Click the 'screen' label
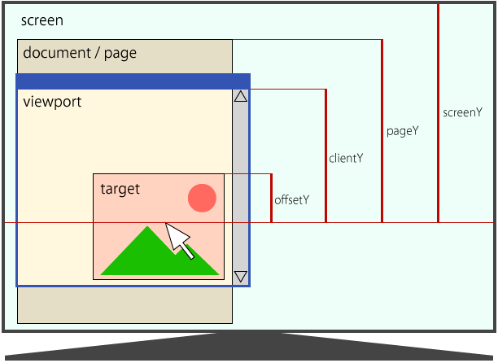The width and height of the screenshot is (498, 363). tap(41, 20)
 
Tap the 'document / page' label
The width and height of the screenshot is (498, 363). tap(80, 54)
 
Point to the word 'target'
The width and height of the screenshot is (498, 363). tap(120, 189)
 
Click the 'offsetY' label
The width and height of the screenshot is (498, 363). tap(291, 199)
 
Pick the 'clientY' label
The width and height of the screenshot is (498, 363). tap(346, 158)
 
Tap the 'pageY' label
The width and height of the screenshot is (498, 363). tap(402, 130)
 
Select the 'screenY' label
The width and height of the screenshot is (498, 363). tap(462, 112)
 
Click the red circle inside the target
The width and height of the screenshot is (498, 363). tap(202, 198)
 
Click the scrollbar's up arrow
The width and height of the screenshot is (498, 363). tap(240, 97)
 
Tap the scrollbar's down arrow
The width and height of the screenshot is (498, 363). tap(240, 277)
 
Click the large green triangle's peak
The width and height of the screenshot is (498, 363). tap(147, 229)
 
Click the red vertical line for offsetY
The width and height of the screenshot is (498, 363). tap(271, 198)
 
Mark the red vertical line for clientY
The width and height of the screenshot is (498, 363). tap(325, 155)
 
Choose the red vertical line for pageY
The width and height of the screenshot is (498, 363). tap(382, 130)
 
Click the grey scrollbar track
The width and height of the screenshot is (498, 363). tap(240, 187)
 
